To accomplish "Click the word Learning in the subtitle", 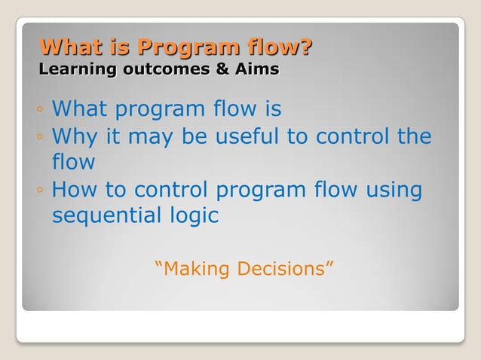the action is pyautogui.click(x=78, y=69).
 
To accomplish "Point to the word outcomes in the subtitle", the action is pyautogui.click(x=167, y=69).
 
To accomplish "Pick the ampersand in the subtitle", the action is pyautogui.click(x=222, y=69).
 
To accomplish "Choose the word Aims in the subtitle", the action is pyautogui.click(x=257, y=69).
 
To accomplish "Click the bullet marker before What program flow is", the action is pyautogui.click(x=40, y=108).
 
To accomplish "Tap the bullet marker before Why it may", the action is pyautogui.click(x=40, y=136).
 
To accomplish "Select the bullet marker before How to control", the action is pyautogui.click(x=40, y=190).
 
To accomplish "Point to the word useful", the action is pyautogui.click(x=247, y=136).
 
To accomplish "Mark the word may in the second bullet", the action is pyautogui.click(x=150, y=139).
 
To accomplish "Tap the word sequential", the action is pyautogui.click(x=106, y=216).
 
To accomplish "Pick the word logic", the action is pyautogui.click(x=195, y=216).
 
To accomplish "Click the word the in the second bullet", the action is pyautogui.click(x=415, y=136).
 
